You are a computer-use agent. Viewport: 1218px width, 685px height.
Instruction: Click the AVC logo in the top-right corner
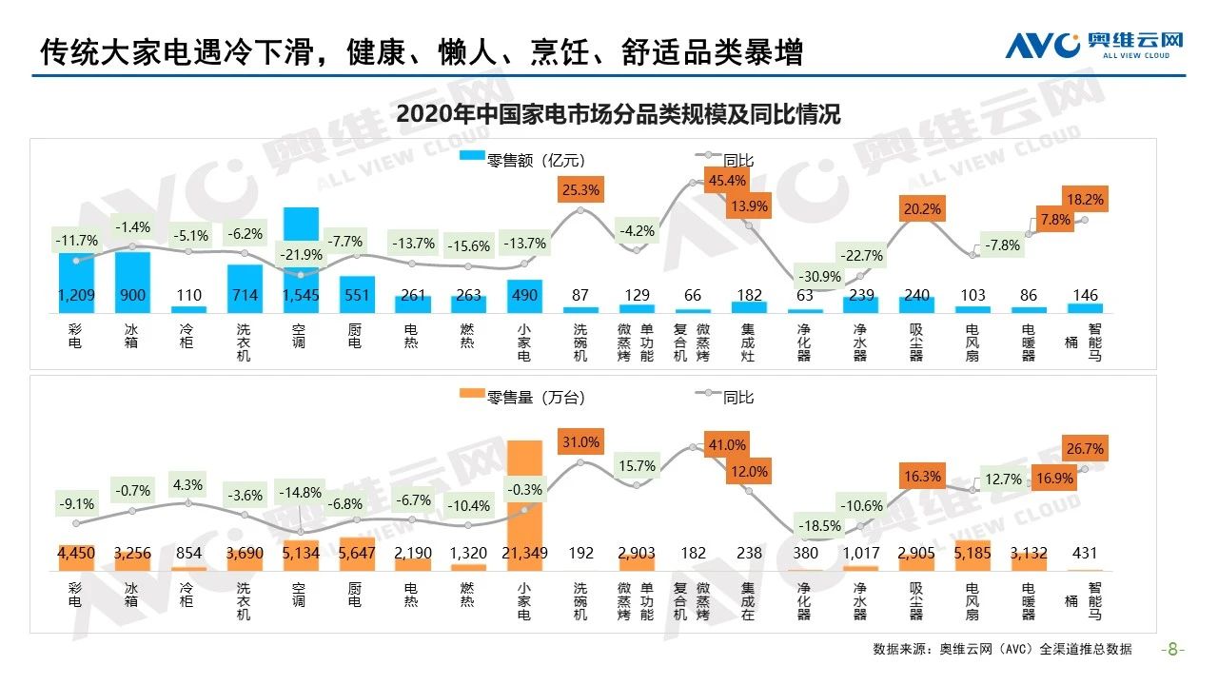pyautogui.click(x=1094, y=45)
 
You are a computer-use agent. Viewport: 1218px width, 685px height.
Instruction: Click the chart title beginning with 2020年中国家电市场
pyautogui.click(x=619, y=114)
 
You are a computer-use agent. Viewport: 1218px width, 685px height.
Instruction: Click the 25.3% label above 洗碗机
pyautogui.click(x=580, y=190)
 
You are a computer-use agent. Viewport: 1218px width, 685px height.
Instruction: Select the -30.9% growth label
pyautogui.click(x=818, y=276)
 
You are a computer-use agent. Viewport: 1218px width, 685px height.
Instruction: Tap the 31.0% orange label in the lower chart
pyautogui.click(x=580, y=442)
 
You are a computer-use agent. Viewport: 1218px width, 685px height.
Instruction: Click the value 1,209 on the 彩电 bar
pyautogui.click(x=76, y=296)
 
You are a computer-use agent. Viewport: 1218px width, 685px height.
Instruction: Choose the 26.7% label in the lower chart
pyautogui.click(x=1085, y=448)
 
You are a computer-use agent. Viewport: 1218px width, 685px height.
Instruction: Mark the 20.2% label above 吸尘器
pyautogui.click(x=922, y=209)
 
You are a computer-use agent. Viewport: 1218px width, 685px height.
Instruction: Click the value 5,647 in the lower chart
pyautogui.click(x=356, y=553)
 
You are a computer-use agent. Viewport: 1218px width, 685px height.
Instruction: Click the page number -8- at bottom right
pyautogui.click(x=1174, y=650)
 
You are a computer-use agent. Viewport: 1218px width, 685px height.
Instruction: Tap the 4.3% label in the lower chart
pyautogui.click(x=187, y=484)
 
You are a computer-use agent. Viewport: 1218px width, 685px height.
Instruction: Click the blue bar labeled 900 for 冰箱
pyautogui.click(x=132, y=276)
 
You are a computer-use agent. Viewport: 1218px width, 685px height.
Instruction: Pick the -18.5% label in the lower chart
pyautogui.click(x=818, y=525)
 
